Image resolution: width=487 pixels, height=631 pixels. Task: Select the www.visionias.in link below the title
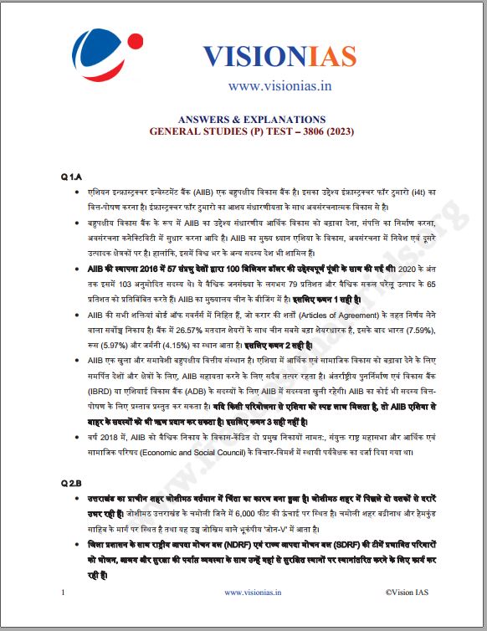pyautogui.click(x=269, y=85)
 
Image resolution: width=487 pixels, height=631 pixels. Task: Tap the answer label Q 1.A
pyautogui.click(x=71, y=177)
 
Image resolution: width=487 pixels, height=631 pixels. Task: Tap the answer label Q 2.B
pyautogui.click(x=71, y=483)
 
